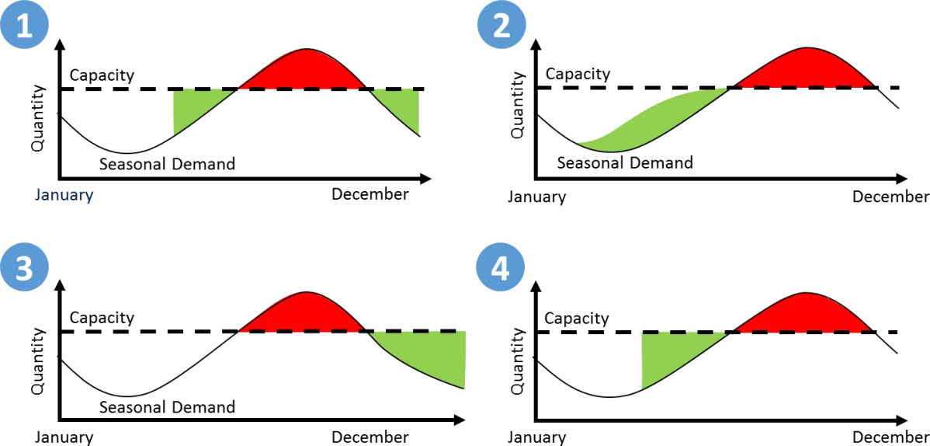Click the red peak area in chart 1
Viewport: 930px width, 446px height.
pyautogui.click(x=304, y=71)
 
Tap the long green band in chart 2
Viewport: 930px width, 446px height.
pyautogui.click(x=652, y=122)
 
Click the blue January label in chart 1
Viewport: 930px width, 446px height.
pyautogui.click(x=64, y=195)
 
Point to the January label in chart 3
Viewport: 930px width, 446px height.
pyautogui.click(x=64, y=437)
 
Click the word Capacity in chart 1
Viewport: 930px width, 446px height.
pyautogui.click(x=102, y=75)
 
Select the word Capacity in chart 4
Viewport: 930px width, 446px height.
pyautogui.click(x=577, y=319)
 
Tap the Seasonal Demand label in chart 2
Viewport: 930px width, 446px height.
pyautogui.click(x=625, y=162)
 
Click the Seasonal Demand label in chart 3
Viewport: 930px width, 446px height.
pyautogui.click(x=167, y=407)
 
